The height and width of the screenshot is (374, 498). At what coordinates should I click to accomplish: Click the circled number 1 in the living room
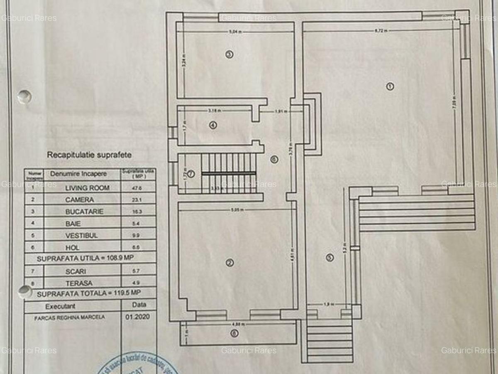click(390, 86)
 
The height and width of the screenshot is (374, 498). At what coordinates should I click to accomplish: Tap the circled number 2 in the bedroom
click(229, 262)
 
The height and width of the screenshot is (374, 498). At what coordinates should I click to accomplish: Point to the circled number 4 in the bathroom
click(213, 125)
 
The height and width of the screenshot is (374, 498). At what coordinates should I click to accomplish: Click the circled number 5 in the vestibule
click(330, 258)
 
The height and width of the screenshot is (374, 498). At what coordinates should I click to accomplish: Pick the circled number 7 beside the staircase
click(190, 174)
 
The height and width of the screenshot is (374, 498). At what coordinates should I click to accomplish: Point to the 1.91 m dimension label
click(281, 111)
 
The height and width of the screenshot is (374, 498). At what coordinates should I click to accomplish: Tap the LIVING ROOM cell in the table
click(87, 188)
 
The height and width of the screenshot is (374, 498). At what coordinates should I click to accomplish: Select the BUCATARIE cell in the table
click(84, 212)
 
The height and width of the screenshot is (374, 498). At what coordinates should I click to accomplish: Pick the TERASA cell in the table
click(78, 283)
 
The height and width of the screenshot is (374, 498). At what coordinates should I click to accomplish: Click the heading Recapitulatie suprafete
click(89, 155)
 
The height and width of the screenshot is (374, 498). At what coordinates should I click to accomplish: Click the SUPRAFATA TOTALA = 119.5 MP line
click(88, 293)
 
